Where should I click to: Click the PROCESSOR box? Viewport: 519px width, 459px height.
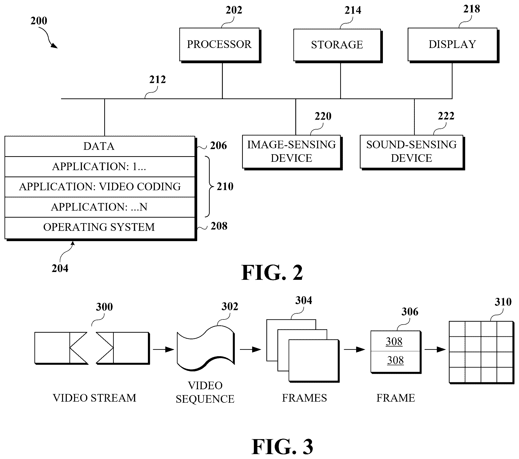point(220,45)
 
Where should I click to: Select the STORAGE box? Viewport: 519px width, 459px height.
point(338,45)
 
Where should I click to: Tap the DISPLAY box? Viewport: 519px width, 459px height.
point(453,45)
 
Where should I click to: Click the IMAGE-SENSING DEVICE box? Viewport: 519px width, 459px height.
point(292,152)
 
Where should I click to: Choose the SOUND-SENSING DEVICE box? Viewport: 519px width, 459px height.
point(412,152)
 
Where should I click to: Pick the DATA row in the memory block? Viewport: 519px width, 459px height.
point(100,146)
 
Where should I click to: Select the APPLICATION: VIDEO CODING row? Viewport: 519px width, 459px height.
point(100,187)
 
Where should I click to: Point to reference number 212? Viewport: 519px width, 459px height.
point(157,80)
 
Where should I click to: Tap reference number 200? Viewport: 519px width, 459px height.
point(39,21)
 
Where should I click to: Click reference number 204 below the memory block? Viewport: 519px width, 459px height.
point(60,268)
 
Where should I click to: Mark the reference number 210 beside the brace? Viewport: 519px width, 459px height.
point(225,187)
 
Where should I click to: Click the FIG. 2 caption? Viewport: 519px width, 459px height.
point(272,273)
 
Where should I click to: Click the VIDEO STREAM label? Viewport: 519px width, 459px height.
point(94,398)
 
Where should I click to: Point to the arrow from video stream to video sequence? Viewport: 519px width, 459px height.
point(164,350)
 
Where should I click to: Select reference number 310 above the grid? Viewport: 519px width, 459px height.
point(503,302)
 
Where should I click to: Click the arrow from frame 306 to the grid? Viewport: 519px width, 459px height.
point(435,350)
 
